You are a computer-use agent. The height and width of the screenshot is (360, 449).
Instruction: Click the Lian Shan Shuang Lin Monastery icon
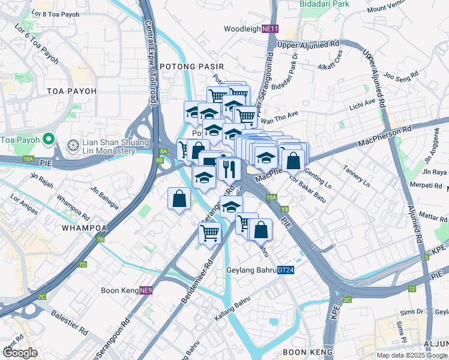[x=73, y=145]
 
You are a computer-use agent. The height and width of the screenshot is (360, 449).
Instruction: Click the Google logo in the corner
[x=20, y=353]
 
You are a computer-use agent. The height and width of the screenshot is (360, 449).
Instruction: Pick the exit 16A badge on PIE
[x=29, y=158]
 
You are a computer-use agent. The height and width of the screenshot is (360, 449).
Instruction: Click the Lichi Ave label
[x=362, y=105]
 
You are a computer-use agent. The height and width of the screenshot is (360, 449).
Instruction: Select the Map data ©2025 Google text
[x=412, y=355]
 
